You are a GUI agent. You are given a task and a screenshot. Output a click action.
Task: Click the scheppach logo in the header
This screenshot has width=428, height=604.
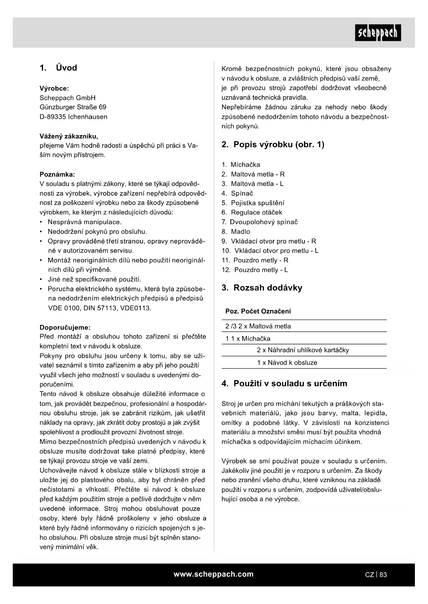pyautogui.click(x=378, y=33)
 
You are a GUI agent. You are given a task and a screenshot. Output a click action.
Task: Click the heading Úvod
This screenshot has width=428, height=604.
pyautogui.click(x=58, y=68)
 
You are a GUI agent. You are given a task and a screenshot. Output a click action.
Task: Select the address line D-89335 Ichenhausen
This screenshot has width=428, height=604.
pyautogui.click(x=73, y=117)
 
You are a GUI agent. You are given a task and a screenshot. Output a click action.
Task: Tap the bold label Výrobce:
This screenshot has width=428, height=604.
pyautogui.click(x=54, y=88)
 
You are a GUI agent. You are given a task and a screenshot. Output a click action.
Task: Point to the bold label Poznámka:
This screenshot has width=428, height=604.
pyautogui.click(x=57, y=174)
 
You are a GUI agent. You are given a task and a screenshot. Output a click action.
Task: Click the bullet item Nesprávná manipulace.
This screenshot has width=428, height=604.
pyautogui.click(x=84, y=222)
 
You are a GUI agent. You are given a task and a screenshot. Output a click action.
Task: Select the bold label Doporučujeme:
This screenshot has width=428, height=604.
pyautogui.click(x=65, y=327)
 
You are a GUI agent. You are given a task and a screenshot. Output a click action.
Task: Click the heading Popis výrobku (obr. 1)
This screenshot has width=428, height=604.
pyautogui.click(x=273, y=144)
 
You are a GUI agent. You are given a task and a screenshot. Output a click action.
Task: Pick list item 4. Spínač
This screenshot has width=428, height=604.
pyautogui.click(x=237, y=193)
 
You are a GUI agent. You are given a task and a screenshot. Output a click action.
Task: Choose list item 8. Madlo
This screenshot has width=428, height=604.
pyautogui.click(x=236, y=231)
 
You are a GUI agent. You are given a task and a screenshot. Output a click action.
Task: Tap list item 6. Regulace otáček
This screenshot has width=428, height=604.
pyautogui.click(x=252, y=212)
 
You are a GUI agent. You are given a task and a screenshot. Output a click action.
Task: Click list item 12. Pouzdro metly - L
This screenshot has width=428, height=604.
pyautogui.click(x=255, y=270)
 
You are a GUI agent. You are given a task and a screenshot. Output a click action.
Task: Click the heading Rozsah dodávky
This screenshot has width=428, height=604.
pyautogui.click(x=262, y=288)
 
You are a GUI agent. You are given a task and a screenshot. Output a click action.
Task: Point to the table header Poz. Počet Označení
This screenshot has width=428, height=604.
pyautogui.click(x=258, y=311)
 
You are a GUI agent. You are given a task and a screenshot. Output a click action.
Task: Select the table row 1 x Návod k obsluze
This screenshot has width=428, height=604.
pyautogui.click(x=287, y=362)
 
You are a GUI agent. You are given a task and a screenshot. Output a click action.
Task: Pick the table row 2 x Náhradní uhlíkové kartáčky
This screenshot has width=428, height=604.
pyautogui.click(x=303, y=350)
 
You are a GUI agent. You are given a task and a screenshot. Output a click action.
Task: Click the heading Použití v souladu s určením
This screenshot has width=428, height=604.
pyautogui.click(x=284, y=384)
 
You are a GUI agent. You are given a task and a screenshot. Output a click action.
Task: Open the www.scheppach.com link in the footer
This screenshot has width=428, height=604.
pyautogui.click(x=213, y=574)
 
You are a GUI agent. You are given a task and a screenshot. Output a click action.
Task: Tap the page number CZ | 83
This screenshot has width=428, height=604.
pyautogui.click(x=376, y=575)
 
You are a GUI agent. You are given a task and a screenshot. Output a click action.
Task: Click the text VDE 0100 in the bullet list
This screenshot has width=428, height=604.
pyautogui.click(x=64, y=308)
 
